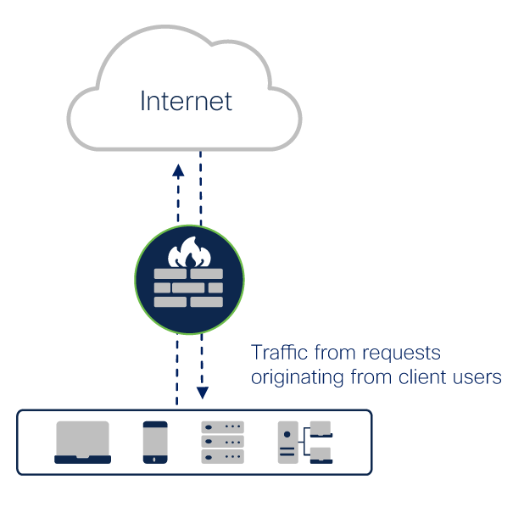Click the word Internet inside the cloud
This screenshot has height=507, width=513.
186,102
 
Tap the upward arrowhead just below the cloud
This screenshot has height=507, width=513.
178,170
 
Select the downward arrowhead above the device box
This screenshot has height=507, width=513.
202,393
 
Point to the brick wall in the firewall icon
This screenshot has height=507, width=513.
188,288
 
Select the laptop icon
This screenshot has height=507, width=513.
82,442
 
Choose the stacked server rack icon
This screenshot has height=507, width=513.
222,442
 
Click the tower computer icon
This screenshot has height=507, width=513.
288,442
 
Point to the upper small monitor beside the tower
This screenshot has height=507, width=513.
320,429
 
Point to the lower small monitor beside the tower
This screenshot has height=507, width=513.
320,454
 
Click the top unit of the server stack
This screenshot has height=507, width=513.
222,427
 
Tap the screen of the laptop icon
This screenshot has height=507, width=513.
82,437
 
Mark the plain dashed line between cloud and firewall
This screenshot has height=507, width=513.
201,191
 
